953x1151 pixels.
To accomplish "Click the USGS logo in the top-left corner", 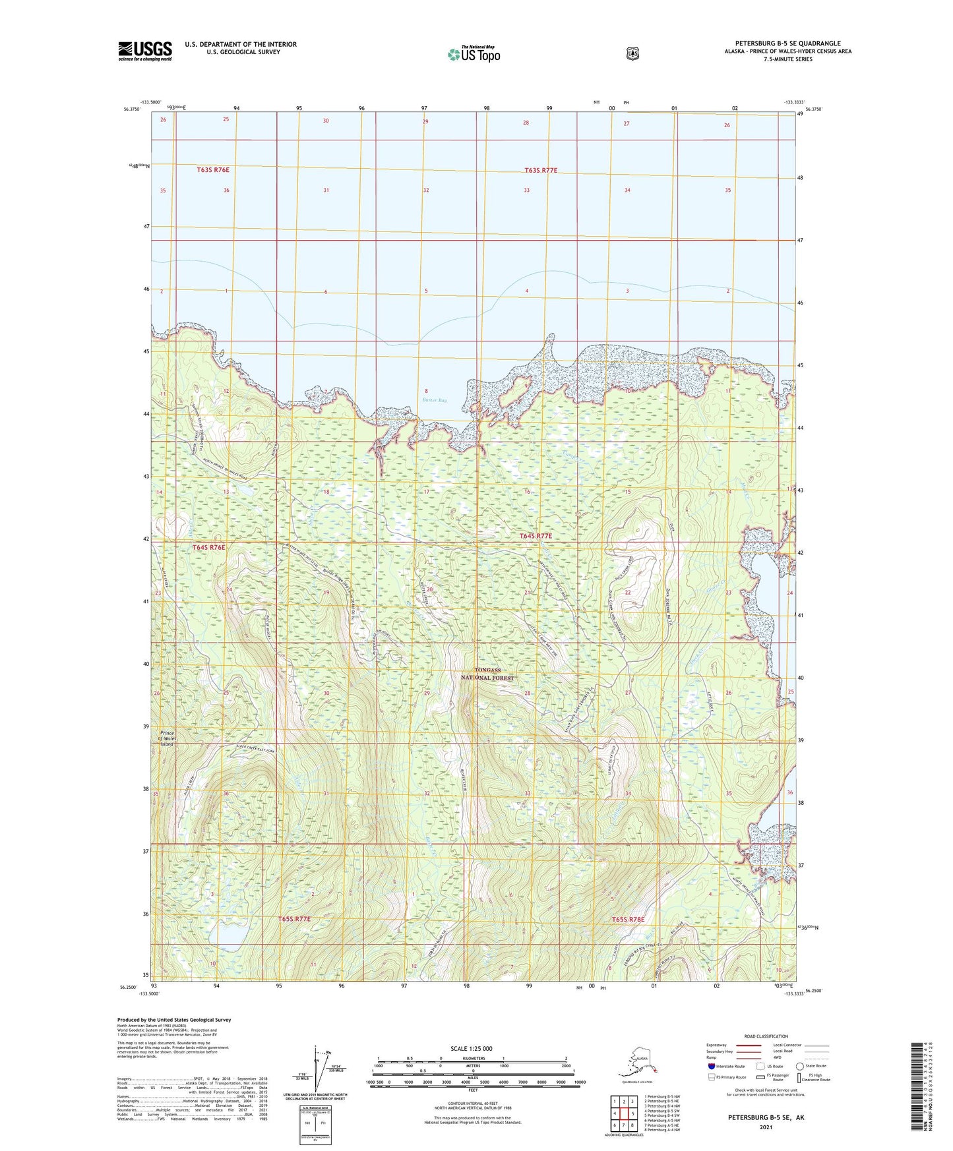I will [145, 51].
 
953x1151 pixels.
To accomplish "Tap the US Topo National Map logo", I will [473, 53].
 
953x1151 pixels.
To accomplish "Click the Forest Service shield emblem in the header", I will [632, 53].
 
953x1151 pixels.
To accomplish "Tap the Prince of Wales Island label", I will [168, 738].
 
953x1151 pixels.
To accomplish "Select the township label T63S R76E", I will [213, 170].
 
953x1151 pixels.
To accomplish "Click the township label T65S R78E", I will [627, 919].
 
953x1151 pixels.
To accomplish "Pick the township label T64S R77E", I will [536, 536].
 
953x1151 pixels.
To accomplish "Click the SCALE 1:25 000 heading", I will [472, 1049].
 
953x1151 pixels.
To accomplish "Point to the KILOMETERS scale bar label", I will [472, 1059].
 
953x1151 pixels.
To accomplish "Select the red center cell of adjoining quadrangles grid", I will [623, 1114].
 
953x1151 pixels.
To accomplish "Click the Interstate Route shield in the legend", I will [711, 1066].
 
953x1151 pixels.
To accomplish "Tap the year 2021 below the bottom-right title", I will [766, 1127].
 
